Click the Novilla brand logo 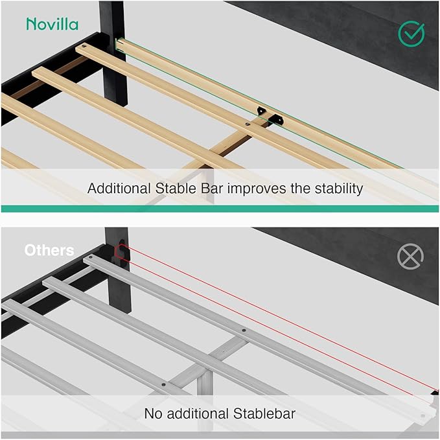point(52,24)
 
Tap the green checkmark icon point(411,34)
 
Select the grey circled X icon point(410,257)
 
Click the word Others point(49,250)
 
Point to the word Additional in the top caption point(119,189)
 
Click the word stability point(338,189)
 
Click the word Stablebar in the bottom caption point(264,413)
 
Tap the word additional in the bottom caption point(198,413)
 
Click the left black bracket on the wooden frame point(261,110)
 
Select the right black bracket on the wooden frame point(276,120)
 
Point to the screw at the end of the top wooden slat point(84,46)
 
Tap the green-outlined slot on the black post point(119,45)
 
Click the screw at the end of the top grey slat point(90,257)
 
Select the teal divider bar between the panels point(220,209)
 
